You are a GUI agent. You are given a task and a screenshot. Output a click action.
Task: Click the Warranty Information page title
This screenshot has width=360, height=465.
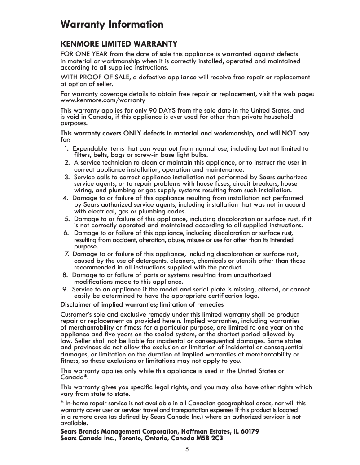coord(112,24)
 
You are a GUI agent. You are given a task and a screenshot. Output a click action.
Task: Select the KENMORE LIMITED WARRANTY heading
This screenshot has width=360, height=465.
coord(119,44)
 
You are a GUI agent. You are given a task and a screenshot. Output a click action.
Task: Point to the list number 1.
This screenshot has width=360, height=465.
coord(66,148)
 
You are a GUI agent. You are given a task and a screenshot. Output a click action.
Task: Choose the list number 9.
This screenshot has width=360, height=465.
coord(66,289)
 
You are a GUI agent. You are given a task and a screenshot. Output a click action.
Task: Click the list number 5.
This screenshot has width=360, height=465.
coord(66,219)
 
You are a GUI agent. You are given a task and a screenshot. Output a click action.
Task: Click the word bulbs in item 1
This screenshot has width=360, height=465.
coord(198,155)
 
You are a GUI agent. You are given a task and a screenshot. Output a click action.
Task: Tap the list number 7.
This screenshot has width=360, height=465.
coord(66,254)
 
